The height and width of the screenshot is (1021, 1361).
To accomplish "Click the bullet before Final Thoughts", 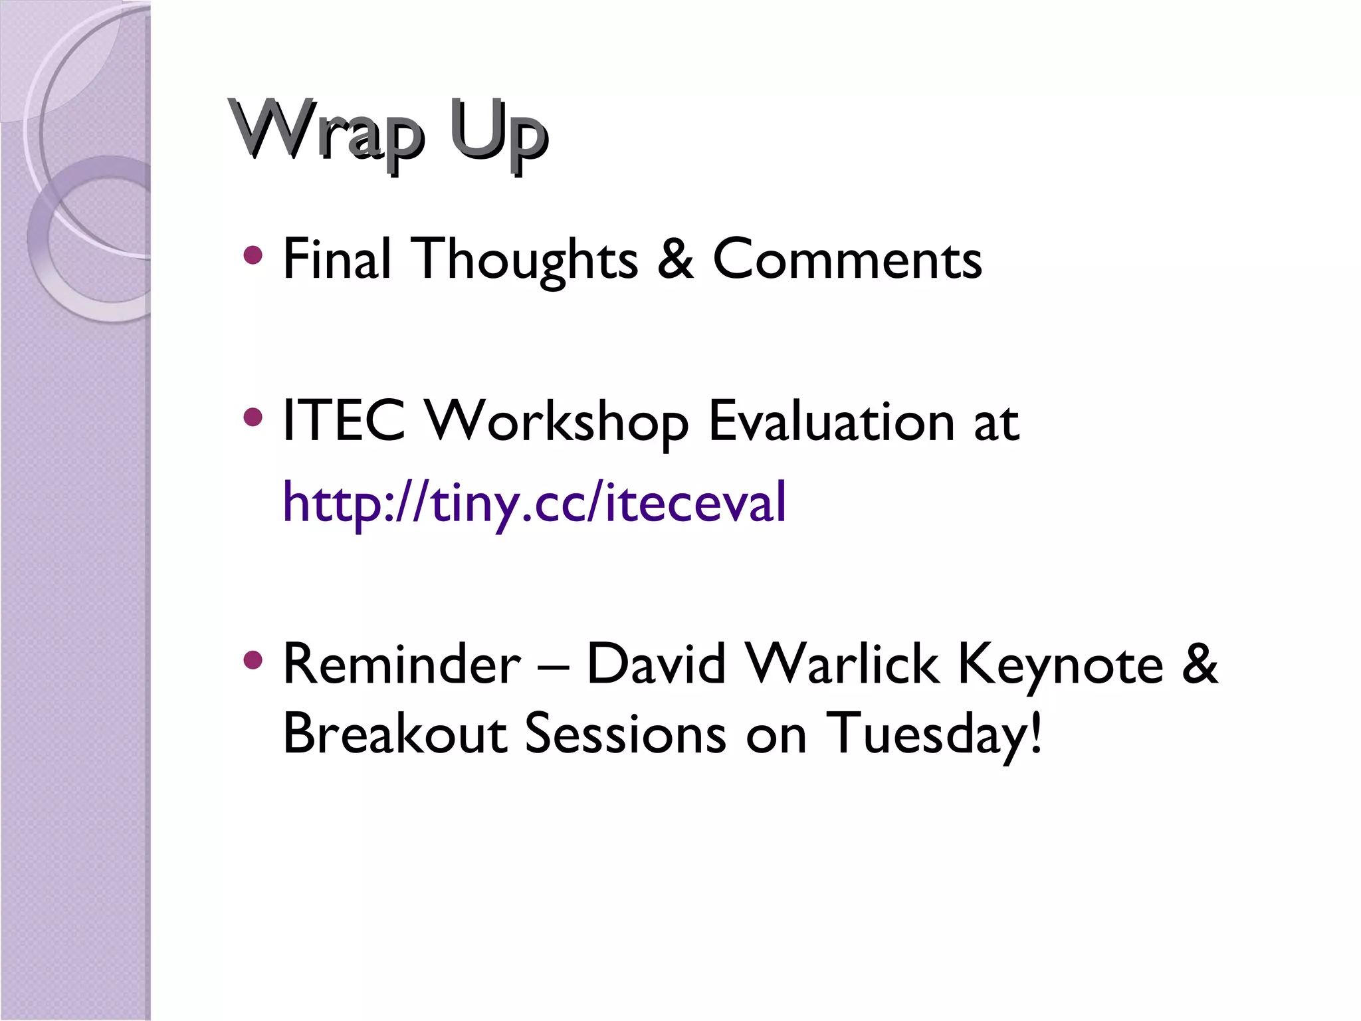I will click(x=253, y=255).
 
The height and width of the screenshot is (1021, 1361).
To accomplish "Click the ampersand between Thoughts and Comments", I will click(x=675, y=259).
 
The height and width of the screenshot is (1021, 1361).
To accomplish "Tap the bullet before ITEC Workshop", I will click(x=253, y=417).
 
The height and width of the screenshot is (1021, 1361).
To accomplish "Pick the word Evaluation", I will click(x=831, y=421).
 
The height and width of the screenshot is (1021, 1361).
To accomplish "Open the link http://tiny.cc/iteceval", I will click(x=534, y=503).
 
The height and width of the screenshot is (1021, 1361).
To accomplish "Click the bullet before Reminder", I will click(x=253, y=659).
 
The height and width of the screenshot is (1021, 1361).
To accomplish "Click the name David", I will click(x=656, y=664).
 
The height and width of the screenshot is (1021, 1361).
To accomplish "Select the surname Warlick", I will click(x=842, y=664).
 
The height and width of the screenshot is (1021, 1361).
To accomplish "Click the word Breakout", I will click(x=395, y=734).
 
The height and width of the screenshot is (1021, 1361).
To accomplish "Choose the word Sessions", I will click(x=625, y=734).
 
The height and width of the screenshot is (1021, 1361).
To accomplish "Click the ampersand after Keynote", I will click(x=1200, y=664).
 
